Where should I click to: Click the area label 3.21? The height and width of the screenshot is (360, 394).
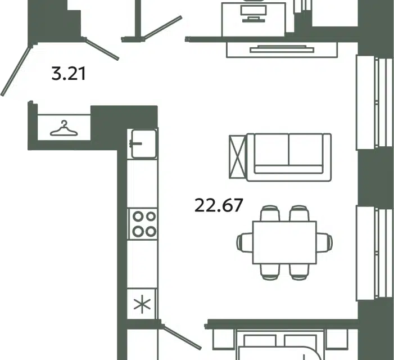69,74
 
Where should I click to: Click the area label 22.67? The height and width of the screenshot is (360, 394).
219,205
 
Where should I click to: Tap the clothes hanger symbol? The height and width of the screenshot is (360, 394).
64,128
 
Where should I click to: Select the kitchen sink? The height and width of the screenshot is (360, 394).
142,144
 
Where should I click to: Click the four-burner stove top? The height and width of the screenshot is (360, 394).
143,224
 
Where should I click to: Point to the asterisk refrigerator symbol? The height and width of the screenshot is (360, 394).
142,304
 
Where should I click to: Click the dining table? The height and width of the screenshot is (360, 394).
284,242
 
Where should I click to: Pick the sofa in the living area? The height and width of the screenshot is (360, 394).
289,157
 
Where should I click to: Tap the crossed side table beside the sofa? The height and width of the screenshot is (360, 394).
237,157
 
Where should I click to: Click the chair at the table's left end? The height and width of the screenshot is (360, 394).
244,242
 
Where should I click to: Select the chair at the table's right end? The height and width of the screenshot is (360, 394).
324,242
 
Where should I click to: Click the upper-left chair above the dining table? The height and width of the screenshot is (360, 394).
270,213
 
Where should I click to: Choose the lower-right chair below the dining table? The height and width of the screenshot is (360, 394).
299,272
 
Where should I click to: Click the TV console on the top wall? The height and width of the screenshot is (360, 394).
282,49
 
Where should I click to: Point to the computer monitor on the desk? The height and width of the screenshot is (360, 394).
253,13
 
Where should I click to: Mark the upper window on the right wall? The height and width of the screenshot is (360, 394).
375,102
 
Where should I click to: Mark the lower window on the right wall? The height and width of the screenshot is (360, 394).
375,253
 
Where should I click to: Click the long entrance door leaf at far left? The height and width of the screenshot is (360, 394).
16,71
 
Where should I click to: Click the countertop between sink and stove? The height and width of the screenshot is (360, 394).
142,183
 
